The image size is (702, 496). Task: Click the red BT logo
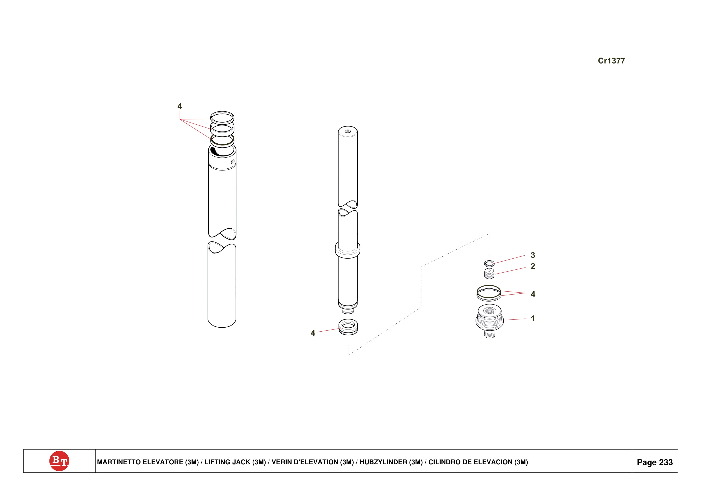tap(59, 461)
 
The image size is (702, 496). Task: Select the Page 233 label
tap(655, 462)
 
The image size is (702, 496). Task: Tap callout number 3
tap(533, 255)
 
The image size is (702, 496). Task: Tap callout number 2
tap(533, 266)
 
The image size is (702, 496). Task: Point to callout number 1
tap(533, 319)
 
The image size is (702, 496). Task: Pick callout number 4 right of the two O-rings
tap(533, 294)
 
